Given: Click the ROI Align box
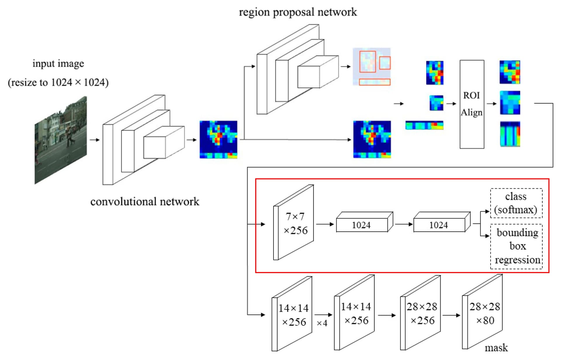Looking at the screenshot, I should coord(472,104).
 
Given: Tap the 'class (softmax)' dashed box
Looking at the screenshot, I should coord(516,203).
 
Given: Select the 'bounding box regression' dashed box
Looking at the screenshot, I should coord(516,246).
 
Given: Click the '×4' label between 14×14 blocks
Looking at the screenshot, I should coord(322,323).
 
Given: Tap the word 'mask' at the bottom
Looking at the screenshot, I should coord(496,348).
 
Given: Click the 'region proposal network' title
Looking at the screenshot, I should coord(298,12).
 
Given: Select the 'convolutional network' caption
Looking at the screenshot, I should coord(145,202).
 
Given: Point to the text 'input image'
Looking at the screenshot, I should coord(58,63).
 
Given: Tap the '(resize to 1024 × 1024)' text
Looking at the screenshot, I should coord(58,82).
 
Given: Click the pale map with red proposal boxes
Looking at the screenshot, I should coord(372,67).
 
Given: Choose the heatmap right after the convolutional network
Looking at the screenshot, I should coord(218,139).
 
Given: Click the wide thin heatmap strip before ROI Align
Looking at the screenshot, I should coord(424,125).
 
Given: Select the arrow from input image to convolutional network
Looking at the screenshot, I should coord(94,140).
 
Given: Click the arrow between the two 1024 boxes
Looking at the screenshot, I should coord(404,224).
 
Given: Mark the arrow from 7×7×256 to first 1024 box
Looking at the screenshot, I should coord(325,224).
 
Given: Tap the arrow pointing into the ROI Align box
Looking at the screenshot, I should coord(451,104).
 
